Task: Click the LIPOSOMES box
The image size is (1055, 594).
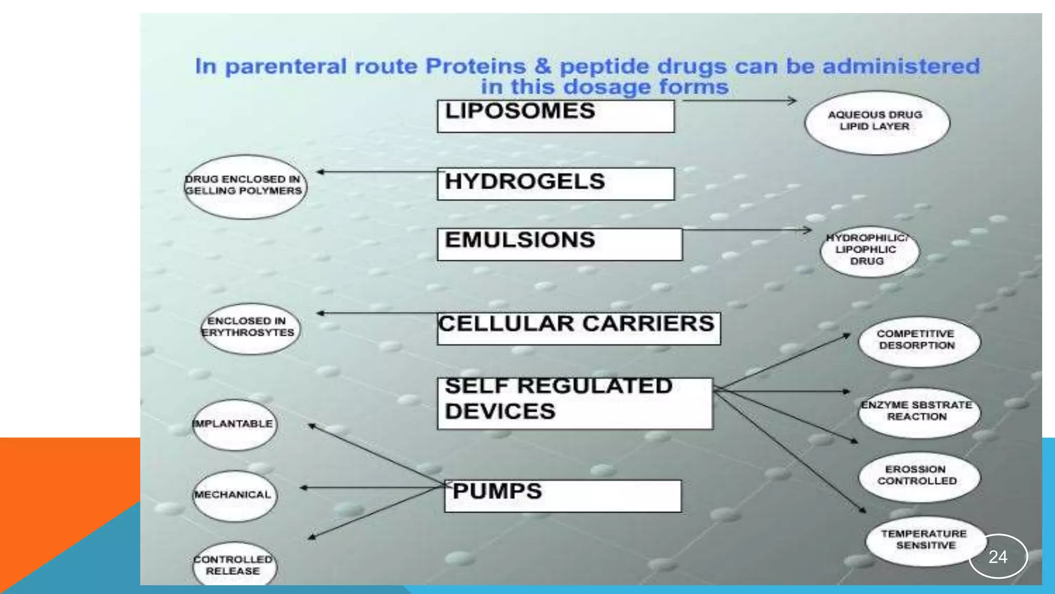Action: pos(555,116)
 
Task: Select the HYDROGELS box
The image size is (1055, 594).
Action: pos(555,184)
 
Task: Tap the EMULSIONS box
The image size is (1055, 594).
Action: pos(559,244)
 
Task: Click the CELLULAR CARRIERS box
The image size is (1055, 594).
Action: pos(578,328)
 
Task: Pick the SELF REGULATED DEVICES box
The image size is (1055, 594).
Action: pos(574,403)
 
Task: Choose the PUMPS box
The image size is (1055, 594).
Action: pos(563,496)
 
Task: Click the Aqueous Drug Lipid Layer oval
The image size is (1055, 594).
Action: pos(877,122)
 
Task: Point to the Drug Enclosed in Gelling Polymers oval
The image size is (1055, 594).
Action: pos(245,187)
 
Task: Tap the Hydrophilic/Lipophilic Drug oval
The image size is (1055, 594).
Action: pos(869,251)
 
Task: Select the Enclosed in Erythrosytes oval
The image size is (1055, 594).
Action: pos(250,328)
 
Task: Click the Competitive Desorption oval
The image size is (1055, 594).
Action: pos(918,341)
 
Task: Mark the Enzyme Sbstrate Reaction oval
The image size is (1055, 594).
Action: pos(918,412)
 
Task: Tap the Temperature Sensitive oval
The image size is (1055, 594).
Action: pos(925,540)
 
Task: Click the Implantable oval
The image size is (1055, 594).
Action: pos(234,424)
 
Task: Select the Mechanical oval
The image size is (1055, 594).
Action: pos(234,495)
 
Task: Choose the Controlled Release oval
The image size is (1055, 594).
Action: pos(234,565)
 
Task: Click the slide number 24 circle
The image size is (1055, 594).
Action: pos(998,557)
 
